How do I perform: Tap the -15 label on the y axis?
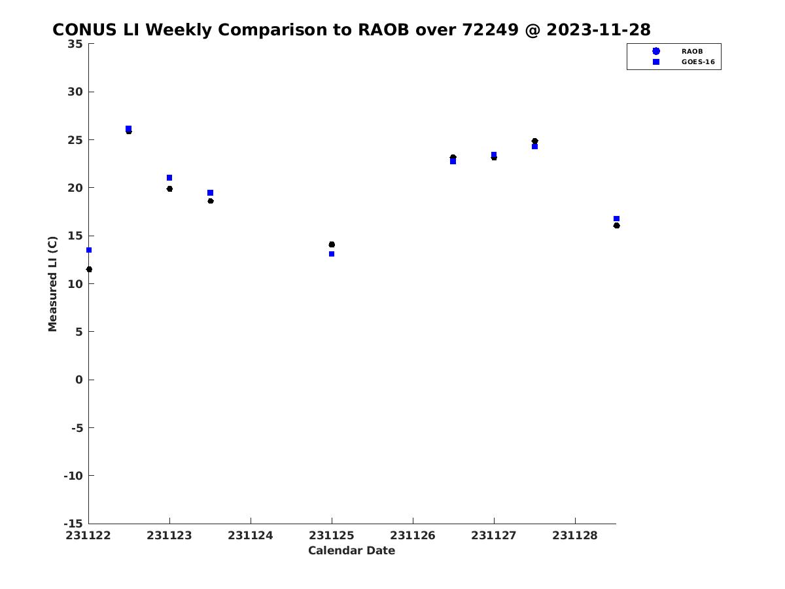(x=73, y=524)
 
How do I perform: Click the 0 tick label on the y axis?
(x=79, y=380)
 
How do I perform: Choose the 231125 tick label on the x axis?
(x=332, y=535)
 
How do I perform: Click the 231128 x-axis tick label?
(x=575, y=535)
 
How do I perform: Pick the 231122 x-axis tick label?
(x=88, y=535)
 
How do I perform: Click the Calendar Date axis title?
(x=351, y=550)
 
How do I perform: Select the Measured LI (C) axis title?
(x=52, y=284)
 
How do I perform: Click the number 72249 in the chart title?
(x=490, y=29)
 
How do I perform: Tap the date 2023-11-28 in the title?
(x=599, y=29)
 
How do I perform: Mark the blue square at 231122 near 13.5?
(x=89, y=250)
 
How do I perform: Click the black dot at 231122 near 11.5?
(x=89, y=269)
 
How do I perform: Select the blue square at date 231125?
(x=332, y=254)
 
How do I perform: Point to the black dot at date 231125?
(x=332, y=245)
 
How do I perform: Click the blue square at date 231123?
(x=169, y=178)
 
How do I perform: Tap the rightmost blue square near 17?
(x=616, y=219)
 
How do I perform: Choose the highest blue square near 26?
(x=128, y=128)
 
